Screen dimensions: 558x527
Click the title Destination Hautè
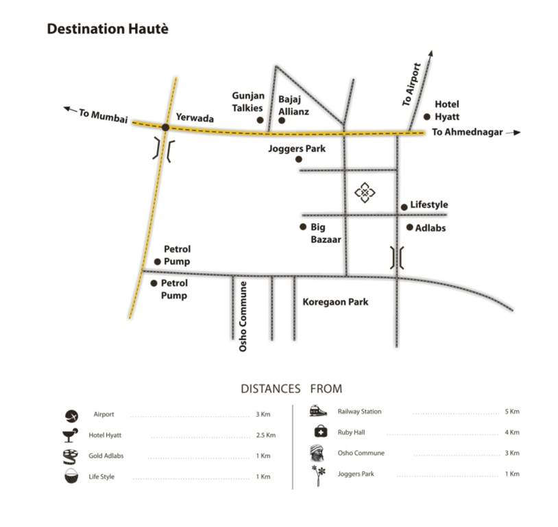pos(107,30)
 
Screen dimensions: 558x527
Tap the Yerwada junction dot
pos(165,127)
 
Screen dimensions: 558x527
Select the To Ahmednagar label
pos(468,132)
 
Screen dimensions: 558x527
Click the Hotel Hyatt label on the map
pos(447,110)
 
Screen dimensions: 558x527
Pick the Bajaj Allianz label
pos(293,105)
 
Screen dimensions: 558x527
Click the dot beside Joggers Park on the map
pos(299,160)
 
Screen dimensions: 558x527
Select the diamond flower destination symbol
pos(365,193)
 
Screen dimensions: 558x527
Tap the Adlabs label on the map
pos(430,227)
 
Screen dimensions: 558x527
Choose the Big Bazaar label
pos(326,233)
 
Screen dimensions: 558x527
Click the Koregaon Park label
pos(335,301)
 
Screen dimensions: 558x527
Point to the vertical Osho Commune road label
pos(243,316)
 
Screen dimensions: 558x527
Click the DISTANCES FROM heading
pos(291,389)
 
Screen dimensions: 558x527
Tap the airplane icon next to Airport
pos(72,415)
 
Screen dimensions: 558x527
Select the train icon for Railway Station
pos(317,411)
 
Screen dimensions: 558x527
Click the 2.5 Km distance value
pos(266,435)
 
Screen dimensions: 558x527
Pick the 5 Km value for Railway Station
pos(512,412)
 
